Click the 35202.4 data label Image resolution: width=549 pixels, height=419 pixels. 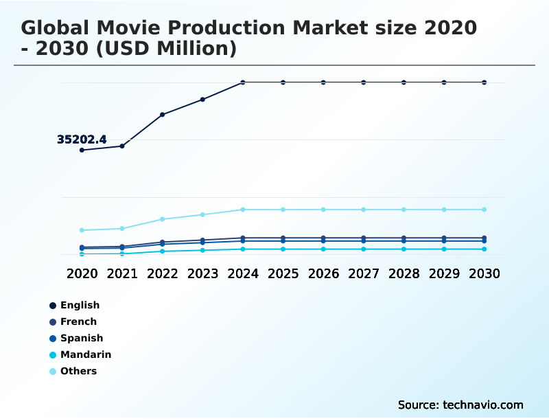point(82,140)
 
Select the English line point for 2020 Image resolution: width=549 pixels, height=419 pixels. point(82,150)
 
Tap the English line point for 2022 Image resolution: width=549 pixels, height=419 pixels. point(163,115)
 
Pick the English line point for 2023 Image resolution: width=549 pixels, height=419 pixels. point(202,100)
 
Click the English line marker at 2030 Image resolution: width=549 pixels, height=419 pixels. point(484,82)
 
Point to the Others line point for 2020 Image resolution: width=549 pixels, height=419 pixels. point(82,230)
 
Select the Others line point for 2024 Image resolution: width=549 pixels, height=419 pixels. point(243,209)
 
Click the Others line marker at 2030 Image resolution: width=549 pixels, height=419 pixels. point(484,209)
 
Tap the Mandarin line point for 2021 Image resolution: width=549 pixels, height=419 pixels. point(122,253)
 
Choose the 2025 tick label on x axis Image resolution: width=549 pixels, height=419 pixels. point(283,273)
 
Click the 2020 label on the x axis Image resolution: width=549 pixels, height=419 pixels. point(82,273)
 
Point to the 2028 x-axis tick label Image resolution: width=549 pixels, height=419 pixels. point(404,273)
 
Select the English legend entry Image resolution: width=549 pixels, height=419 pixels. point(80,305)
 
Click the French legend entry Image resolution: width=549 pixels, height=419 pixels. point(78,321)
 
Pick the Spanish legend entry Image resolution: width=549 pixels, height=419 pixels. point(82,338)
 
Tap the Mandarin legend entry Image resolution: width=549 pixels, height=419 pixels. point(85,354)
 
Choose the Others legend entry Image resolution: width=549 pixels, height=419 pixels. point(78,371)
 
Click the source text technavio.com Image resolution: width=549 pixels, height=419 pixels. point(484,405)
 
